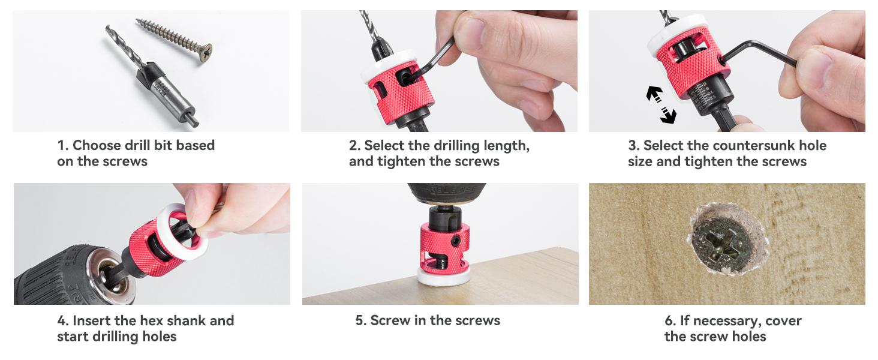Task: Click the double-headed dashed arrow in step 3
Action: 660,104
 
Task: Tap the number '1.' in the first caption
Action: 63,146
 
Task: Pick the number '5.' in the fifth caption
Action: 361,321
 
